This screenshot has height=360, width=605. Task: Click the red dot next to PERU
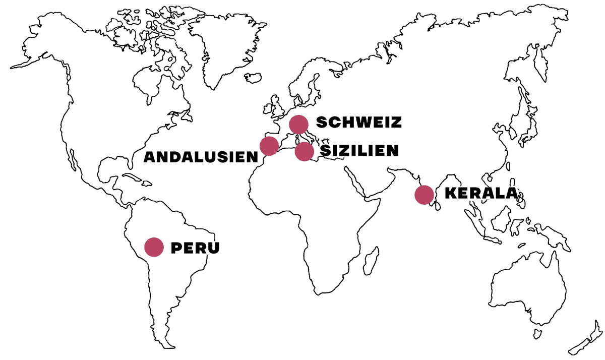coord(154,247)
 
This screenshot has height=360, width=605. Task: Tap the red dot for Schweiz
coord(298,124)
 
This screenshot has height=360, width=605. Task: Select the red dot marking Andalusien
coord(269,145)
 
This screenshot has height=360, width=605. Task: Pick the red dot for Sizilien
coord(304,151)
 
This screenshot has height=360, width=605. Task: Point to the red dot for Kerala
coord(423,194)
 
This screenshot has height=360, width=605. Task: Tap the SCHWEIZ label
coord(358,123)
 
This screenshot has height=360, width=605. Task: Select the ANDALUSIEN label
coord(201,157)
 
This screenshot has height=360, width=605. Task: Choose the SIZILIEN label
coord(359,150)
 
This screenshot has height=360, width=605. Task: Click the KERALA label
coord(481,194)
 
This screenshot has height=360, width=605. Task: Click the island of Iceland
coord(252,78)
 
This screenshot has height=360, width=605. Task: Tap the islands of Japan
coord(529,131)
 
